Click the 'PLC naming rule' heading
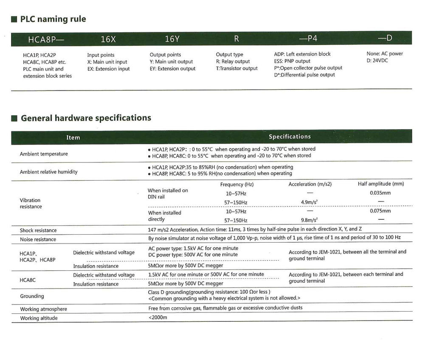click(x=53, y=19)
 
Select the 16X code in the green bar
click(x=108, y=39)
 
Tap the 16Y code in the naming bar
click(x=172, y=39)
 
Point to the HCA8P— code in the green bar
click(x=45, y=40)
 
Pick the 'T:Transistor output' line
click(x=236, y=68)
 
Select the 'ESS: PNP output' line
click(x=292, y=61)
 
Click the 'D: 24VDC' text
click(x=377, y=60)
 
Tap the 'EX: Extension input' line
click(x=108, y=69)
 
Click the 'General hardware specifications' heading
click(x=86, y=118)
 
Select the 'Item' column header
click(x=73, y=137)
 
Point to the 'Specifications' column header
click(x=290, y=137)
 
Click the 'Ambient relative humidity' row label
click(x=48, y=172)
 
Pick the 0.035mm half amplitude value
click(x=380, y=193)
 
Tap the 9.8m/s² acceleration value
click(x=309, y=220)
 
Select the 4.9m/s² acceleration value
click(x=309, y=202)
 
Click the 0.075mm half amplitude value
click(x=380, y=211)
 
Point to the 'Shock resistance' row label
click(x=38, y=230)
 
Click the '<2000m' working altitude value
click(x=158, y=317)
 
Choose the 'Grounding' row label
click(x=32, y=296)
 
